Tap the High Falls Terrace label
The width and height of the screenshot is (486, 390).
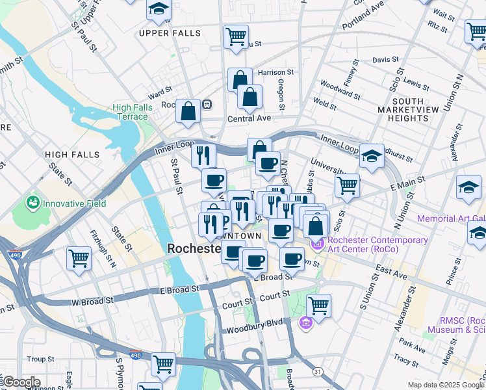tap(133, 112)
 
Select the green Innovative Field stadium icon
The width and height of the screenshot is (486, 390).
tap(32, 203)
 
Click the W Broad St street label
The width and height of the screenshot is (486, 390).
tap(92, 301)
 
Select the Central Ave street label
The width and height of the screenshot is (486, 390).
tap(249, 119)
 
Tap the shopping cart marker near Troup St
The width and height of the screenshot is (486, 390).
tap(163, 364)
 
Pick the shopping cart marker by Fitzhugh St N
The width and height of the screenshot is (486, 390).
tap(79, 258)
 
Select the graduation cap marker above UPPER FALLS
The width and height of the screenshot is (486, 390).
tap(158, 9)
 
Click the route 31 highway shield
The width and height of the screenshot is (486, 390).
tap(317, 370)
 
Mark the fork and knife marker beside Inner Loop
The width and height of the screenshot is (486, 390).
tap(203, 155)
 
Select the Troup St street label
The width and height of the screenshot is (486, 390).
tap(40, 359)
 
